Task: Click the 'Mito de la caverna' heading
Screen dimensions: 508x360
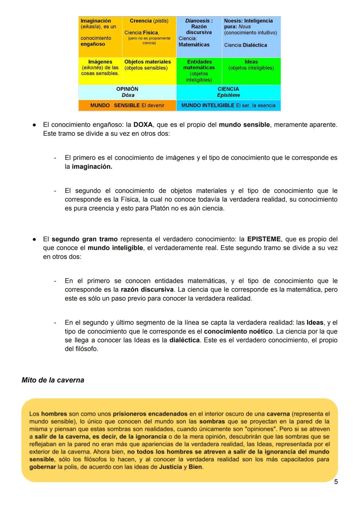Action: [x=53, y=380]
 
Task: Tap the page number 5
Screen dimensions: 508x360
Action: [x=336, y=482]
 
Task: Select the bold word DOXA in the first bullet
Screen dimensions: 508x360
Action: [x=143, y=125]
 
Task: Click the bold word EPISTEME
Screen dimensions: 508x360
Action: [x=264, y=239]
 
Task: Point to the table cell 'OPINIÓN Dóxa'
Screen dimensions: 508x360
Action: [x=127, y=92]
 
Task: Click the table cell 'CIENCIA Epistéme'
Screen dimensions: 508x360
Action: [x=228, y=92]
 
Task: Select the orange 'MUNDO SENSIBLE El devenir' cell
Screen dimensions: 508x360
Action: [x=127, y=105]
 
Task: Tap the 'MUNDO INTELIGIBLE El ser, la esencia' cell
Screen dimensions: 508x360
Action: [x=228, y=105]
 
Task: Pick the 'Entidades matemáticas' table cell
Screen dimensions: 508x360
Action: [x=199, y=71]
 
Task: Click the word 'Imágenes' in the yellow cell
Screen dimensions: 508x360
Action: [x=100, y=62]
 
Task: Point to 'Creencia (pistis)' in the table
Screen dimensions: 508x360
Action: [x=149, y=21]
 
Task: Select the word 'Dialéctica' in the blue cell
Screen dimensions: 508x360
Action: [x=255, y=45]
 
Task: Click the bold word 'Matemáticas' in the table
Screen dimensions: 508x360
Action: [x=194, y=45]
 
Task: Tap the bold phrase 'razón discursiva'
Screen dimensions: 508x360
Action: [x=147, y=289]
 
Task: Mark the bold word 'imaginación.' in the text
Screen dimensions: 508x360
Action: [x=92, y=167]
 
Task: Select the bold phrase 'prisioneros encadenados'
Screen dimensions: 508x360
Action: [x=150, y=414]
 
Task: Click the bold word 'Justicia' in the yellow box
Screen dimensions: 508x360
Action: [x=170, y=467]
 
